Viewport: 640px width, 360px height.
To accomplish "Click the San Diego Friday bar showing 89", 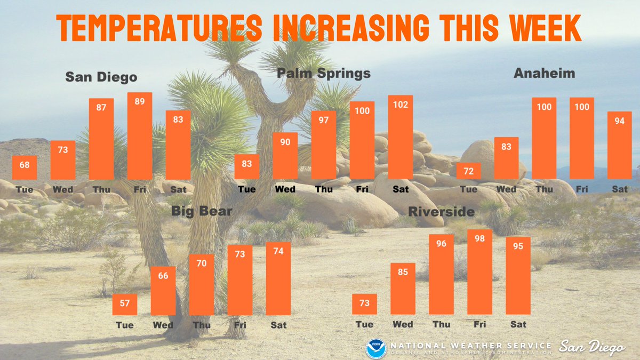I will click(140, 137).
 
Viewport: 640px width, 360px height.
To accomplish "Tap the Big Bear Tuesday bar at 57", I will click(125, 305).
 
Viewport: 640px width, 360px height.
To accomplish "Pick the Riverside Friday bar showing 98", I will click(479, 272).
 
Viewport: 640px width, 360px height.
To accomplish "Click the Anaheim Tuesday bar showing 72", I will click(468, 171).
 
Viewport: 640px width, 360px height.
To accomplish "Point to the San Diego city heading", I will click(101, 77).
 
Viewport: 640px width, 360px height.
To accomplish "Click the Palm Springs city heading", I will click(324, 73).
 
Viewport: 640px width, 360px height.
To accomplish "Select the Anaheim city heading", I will click(544, 74).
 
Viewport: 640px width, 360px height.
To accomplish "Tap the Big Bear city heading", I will click(202, 211).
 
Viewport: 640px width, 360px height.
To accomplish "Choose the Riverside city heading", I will click(441, 212).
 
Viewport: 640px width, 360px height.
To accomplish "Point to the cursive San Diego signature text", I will click(591, 348).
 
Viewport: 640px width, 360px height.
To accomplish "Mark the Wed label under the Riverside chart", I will click(403, 324).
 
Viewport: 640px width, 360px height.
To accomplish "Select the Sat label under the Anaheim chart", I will click(620, 189).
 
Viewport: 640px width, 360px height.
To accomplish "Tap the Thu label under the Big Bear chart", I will click(202, 325).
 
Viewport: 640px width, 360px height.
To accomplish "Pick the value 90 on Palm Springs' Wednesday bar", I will click(285, 142).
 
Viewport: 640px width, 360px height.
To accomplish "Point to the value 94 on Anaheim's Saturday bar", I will click(620, 121).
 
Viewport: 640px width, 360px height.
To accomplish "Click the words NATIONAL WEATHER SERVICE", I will click(470, 345).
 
